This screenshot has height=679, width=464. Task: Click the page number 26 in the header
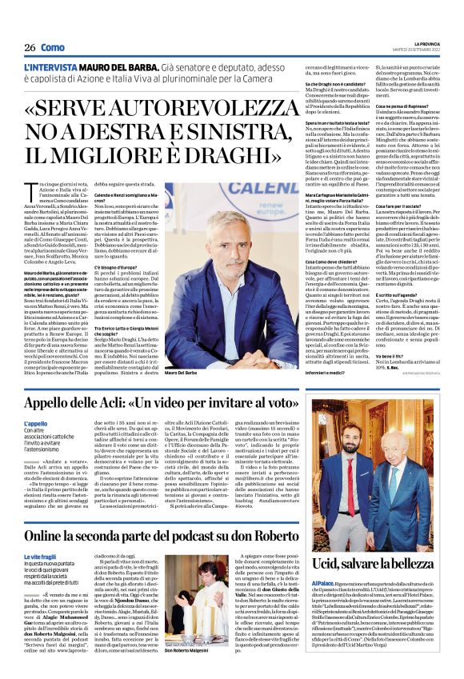click(x=29, y=47)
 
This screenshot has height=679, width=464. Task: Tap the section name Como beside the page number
click(x=52, y=47)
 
